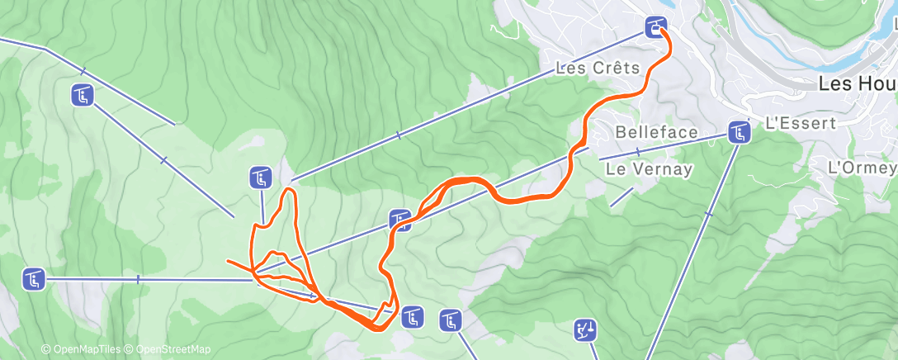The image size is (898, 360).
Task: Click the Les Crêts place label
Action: [598, 68]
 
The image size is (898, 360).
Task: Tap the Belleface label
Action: [657, 132]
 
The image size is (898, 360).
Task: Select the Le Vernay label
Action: [649, 168]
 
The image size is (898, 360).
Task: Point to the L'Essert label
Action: [801, 123]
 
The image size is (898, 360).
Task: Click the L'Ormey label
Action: [862, 167]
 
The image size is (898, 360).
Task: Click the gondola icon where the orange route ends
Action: [656, 26]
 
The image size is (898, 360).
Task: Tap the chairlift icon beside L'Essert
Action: [738, 131]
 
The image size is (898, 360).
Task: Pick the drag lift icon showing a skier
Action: [585, 331]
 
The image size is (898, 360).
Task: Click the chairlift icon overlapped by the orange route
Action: [400, 220]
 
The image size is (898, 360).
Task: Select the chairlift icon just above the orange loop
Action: [261, 177]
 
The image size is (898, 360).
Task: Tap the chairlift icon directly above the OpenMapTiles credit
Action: [34, 280]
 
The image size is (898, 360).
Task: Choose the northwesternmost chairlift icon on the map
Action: [82, 95]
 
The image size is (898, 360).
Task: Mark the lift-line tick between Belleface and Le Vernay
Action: [637, 152]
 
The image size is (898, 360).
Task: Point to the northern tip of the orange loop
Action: [289, 190]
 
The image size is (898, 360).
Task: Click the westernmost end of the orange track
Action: [228, 262]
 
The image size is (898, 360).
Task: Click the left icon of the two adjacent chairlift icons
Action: [413, 317]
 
